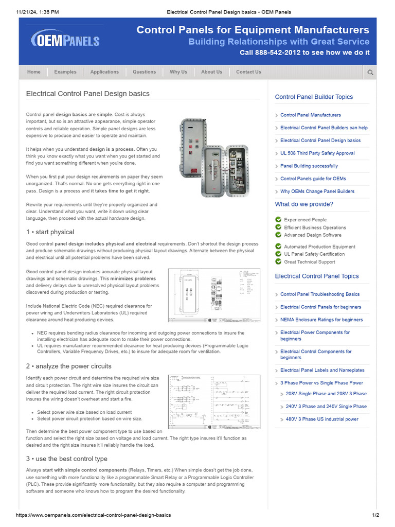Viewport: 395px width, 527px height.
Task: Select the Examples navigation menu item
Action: coord(65,72)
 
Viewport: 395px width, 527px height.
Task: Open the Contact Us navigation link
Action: coord(248,72)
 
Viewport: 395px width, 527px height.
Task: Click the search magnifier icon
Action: coord(370,73)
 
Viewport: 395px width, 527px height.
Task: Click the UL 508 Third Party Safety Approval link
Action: coord(317,153)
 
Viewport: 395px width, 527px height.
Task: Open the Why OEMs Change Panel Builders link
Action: coord(317,191)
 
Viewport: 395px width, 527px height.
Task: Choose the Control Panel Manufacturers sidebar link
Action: coord(311,115)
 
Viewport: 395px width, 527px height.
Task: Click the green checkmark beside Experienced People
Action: coord(278,220)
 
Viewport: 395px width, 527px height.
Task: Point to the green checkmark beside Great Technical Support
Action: coord(278,261)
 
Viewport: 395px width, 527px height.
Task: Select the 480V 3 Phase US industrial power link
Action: coord(322,419)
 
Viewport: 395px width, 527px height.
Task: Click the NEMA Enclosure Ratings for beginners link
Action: coord(321,320)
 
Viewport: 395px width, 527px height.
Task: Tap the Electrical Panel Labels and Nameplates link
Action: coord(322,371)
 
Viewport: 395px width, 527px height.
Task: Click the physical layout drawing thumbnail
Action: coord(214,295)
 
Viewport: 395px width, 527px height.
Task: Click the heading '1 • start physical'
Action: coord(50,232)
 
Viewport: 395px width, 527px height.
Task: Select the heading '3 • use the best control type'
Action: coord(67,459)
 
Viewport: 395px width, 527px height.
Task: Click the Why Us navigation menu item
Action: coord(178,72)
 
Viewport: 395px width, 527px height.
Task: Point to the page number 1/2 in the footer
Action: coord(375,515)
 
